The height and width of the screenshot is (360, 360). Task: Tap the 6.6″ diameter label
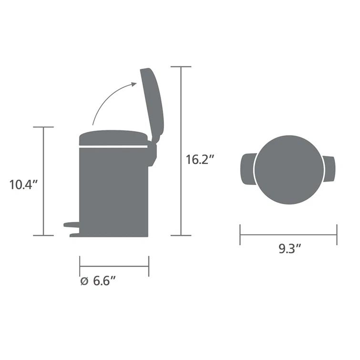coord(105,281)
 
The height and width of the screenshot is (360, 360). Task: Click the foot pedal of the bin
coord(72,224)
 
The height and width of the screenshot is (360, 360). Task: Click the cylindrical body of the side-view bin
coord(113,191)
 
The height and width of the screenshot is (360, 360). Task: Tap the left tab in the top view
coord(248,169)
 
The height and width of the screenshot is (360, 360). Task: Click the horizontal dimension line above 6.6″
coord(114,266)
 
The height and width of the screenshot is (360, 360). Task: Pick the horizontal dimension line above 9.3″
coord(288,235)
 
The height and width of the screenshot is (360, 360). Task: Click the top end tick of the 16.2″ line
coord(181,67)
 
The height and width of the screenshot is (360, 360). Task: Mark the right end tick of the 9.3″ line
coord(337,235)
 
